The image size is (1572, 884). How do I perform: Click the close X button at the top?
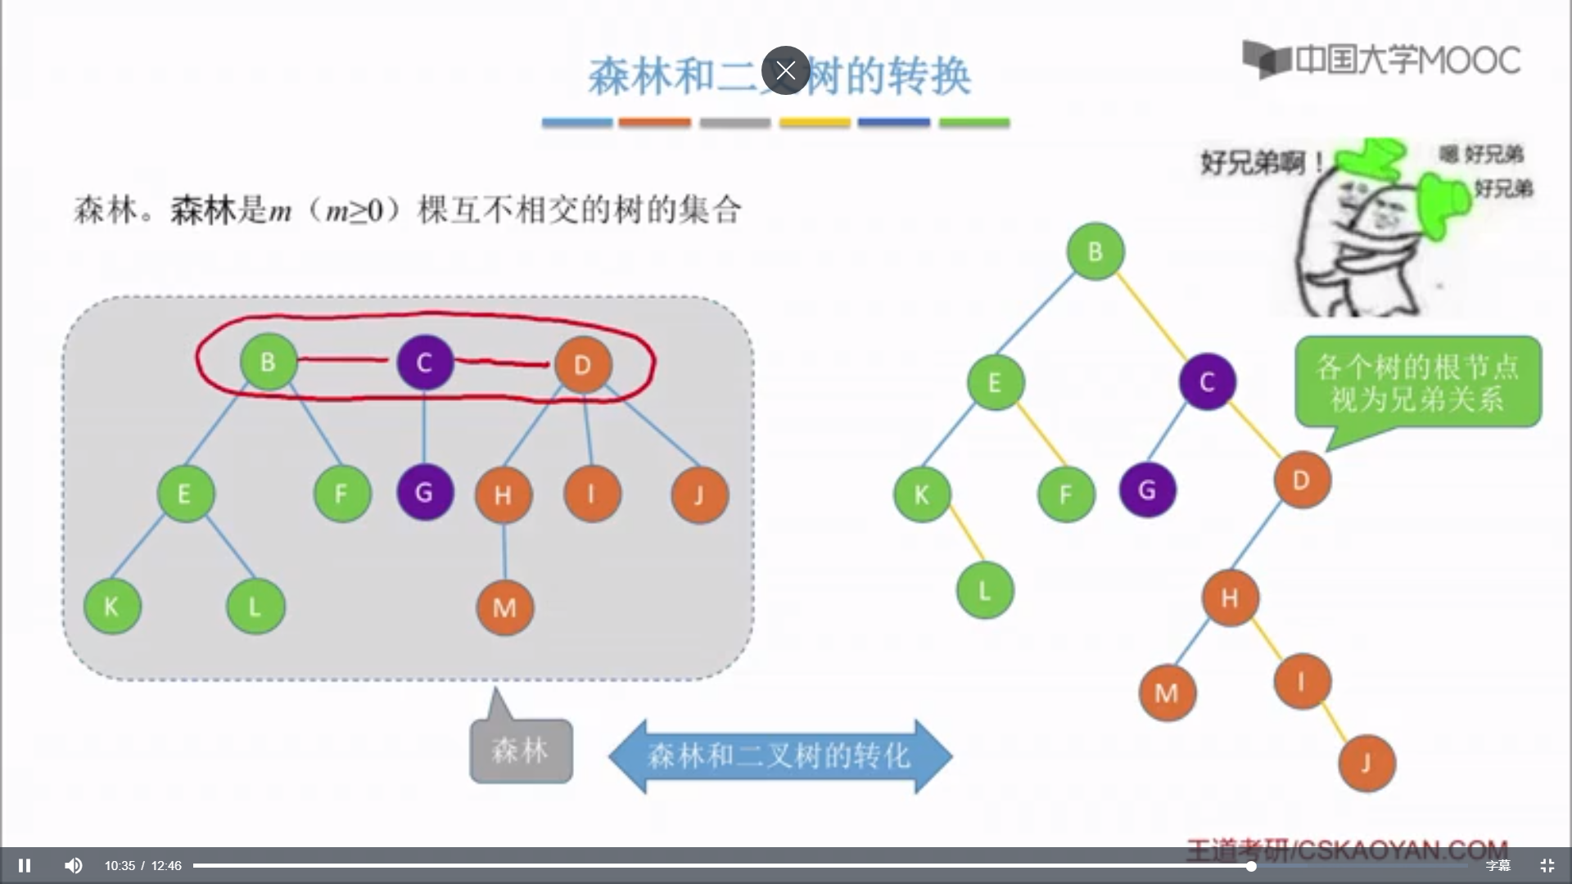pyautogui.click(x=785, y=70)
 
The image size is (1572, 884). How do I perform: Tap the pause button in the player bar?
pyautogui.click(x=25, y=865)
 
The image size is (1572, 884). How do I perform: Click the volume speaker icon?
pyautogui.click(x=74, y=865)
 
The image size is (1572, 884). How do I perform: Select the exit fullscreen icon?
pyautogui.click(x=1547, y=865)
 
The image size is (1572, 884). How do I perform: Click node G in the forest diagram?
pyautogui.click(x=424, y=493)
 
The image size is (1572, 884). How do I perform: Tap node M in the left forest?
pyautogui.click(x=504, y=607)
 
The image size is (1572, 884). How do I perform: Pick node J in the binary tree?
pyautogui.click(x=1366, y=764)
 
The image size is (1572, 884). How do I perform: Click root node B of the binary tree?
pyautogui.click(x=1095, y=251)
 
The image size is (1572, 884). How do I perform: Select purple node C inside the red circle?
pyautogui.click(x=424, y=363)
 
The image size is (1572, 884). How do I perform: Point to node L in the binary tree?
pyautogui.click(x=985, y=590)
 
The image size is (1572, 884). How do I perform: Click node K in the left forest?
pyautogui.click(x=112, y=607)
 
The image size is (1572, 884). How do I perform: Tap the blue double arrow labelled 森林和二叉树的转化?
pyautogui.click(x=779, y=755)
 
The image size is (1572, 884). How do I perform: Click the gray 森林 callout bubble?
pyautogui.click(x=521, y=750)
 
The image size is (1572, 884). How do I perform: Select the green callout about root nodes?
pyautogui.click(x=1417, y=382)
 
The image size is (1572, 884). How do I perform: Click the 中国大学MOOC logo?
pyautogui.click(x=1381, y=59)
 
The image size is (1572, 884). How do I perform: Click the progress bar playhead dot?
pyautogui.click(x=1251, y=865)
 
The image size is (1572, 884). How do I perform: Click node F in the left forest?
pyautogui.click(x=341, y=494)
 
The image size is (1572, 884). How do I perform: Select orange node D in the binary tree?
pyautogui.click(x=1302, y=480)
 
